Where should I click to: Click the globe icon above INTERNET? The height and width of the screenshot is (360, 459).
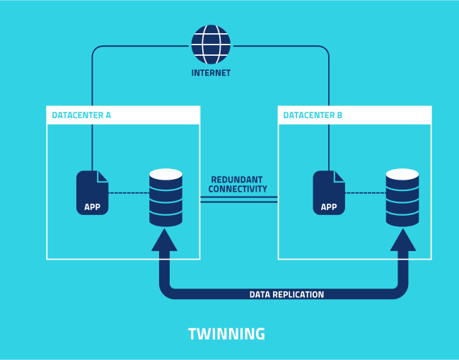(x=211, y=44)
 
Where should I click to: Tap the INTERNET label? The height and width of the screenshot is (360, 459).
(x=211, y=73)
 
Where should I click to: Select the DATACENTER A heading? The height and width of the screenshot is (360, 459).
(x=81, y=115)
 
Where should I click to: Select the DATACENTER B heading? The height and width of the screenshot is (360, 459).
(x=313, y=115)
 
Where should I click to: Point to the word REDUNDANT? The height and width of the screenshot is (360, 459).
(x=238, y=180)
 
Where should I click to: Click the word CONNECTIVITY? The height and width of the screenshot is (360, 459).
(x=238, y=190)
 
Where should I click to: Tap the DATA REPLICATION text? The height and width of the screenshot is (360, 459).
(x=286, y=294)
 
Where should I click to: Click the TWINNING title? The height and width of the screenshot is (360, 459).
(x=226, y=334)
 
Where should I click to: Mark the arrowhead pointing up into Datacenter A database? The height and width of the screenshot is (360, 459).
(x=164, y=240)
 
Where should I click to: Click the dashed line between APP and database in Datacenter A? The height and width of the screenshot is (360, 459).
(x=129, y=192)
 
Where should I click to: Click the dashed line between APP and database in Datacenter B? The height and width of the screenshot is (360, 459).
(x=365, y=192)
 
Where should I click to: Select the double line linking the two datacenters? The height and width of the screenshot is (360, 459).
(x=238, y=199)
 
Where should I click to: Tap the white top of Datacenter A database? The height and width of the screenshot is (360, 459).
(x=165, y=174)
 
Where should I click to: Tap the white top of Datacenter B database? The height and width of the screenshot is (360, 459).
(x=402, y=174)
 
